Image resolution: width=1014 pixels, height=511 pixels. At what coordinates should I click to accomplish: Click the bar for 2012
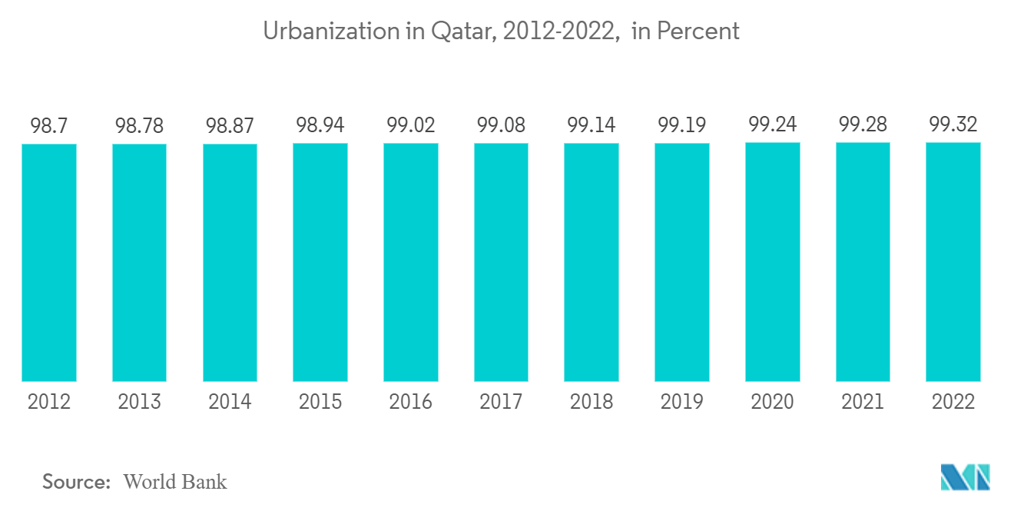click(x=49, y=262)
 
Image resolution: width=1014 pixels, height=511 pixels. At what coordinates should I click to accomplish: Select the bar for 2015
click(x=320, y=262)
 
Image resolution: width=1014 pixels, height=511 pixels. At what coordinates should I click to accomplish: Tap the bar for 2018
click(x=591, y=262)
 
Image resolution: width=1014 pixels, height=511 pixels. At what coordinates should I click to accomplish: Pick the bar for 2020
click(x=772, y=262)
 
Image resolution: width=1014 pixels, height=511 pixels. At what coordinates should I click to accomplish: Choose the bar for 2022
click(x=953, y=262)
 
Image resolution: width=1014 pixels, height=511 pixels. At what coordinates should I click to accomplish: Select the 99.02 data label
click(x=411, y=125)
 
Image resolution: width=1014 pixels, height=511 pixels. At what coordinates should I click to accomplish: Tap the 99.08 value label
click(x=501, y=125)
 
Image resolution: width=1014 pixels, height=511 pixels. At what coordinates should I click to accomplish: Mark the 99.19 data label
click(x=682, y=125)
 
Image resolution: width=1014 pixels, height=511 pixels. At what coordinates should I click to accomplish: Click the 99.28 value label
click(x=863, y=124)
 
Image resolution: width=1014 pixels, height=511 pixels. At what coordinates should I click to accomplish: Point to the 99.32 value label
click(x=953, y=124)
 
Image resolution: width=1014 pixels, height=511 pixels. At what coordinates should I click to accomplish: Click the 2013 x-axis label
click(x=140, y=401)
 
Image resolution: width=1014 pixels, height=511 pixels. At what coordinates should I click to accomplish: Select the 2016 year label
click(x=411, y=401)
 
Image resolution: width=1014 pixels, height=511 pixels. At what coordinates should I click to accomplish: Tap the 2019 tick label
click(x=682, y=401)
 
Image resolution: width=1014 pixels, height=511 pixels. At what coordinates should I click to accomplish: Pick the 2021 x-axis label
click(x=863, y=401)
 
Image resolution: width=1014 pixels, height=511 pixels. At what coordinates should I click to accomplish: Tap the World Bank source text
click(x=175, y=482)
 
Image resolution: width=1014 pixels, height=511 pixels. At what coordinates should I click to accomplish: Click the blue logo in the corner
click(x=966, y=477)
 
